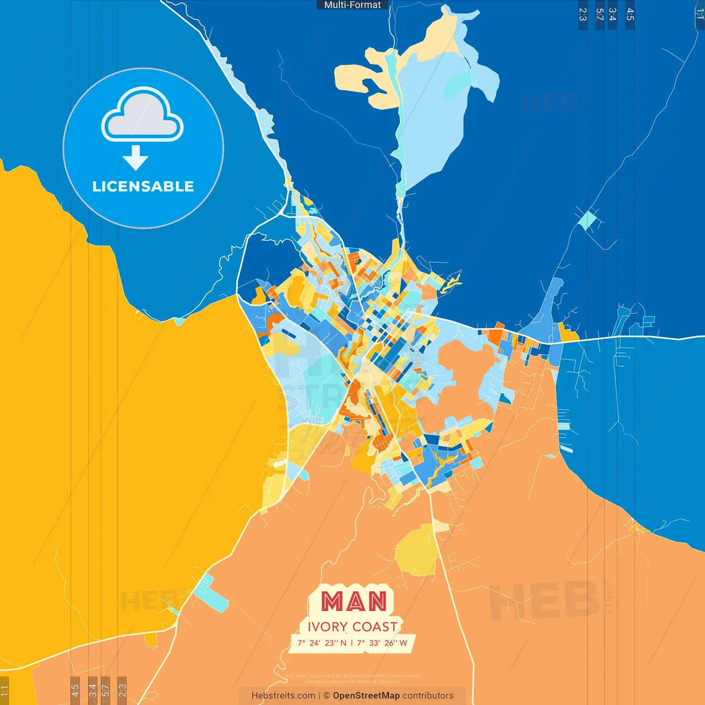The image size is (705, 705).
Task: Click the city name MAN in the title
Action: click(x=354, y=601)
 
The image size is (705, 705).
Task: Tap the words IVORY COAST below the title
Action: click(x=352, y=627)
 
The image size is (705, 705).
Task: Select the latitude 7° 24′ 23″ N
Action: click(x=322, y=643)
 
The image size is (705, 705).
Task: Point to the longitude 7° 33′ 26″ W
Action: click(x=382, y=643)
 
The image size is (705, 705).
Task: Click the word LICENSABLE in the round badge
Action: click(x=143, y=186)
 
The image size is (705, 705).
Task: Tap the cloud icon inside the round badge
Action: click(x=143, y=116)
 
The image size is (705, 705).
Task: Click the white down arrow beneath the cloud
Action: click(x=135, y=158)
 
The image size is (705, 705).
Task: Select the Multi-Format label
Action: click(x=352, y=5)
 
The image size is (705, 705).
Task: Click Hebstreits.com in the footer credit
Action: click(x=283, y=696)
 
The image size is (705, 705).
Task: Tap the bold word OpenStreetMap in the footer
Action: click(x=366, y=696)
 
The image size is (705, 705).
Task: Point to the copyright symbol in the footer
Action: click(x=327, y=696)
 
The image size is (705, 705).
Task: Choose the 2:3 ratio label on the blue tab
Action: click(x=583, y=14)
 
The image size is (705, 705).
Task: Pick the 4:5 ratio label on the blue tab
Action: click(x=630, y=14)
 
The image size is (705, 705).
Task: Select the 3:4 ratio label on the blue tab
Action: click(x=612, y=14)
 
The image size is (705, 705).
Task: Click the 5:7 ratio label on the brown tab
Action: click(x=105, y=690)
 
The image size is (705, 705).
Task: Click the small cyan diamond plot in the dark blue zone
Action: click(x=588, y=220)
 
